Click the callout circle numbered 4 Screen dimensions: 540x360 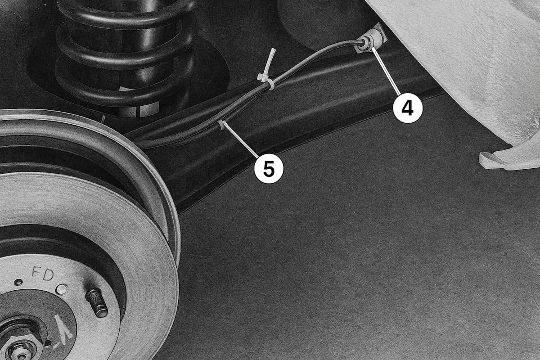point(408,108)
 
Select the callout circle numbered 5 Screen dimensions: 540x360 point(269,169)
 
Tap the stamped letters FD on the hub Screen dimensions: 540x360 point(43,274)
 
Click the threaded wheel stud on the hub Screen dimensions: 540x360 point(96,302)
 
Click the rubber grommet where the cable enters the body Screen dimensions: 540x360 point(366,43)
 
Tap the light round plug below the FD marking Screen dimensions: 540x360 point(62,289)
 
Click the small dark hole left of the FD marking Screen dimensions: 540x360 point(18,282)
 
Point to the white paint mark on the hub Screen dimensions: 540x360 point(63,325)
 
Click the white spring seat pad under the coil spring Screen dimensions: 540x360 point(139,110)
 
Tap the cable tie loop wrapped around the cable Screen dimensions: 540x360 point(270,85)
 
